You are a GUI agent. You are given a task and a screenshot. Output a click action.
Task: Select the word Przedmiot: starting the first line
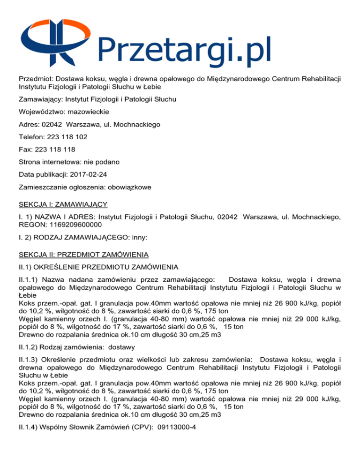(37, 77)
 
